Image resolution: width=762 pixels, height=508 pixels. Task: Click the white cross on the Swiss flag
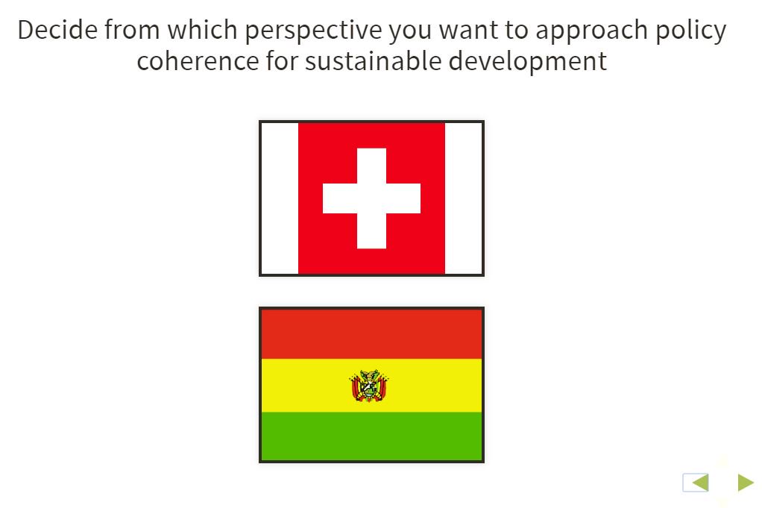(371, 198)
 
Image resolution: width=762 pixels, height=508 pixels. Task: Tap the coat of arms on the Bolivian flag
(369, 386)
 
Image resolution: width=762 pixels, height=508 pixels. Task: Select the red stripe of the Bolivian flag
(371, 334)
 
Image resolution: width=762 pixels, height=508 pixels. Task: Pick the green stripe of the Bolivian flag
(371, 436)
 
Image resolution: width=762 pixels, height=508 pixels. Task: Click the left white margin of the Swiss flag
(280, 198)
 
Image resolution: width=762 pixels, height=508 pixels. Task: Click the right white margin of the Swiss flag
(464, 198)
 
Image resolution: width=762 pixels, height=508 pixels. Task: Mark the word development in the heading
(527, 61)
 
